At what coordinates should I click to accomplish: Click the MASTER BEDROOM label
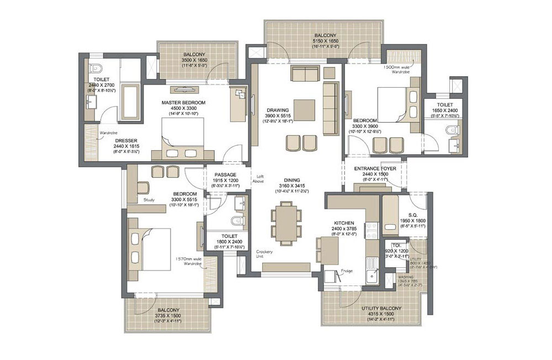[x=183, y=103]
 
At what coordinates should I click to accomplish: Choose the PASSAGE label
[x=225, y=174]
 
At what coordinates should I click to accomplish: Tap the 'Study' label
[x=148, y=200]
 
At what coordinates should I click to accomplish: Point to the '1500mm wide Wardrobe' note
[x=399, y=69]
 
